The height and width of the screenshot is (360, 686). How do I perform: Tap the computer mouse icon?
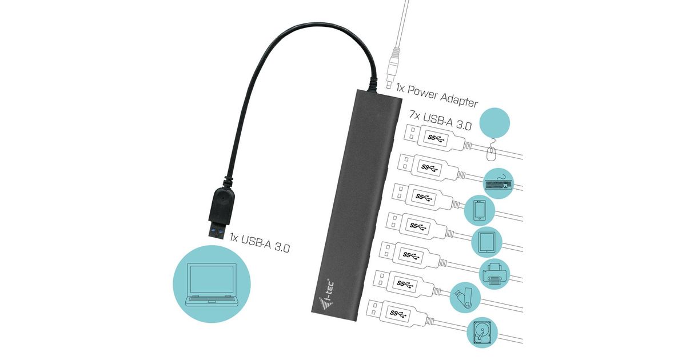point(492,153)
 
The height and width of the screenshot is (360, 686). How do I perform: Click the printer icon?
point(492,271)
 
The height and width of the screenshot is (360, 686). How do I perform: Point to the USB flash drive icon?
point(463,298)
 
